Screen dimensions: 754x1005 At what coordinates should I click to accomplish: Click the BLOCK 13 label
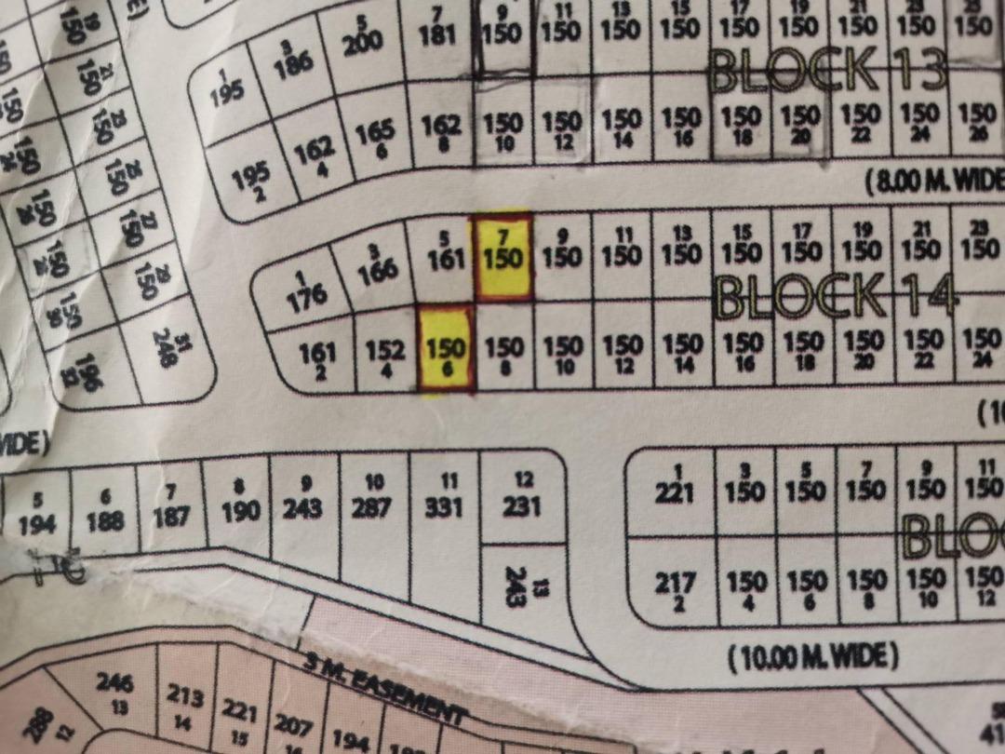(x=827, y=70)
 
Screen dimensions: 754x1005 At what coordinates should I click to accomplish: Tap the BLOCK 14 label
(x=835, y=297)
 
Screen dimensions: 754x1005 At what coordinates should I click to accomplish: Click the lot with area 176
(x=306, y=291)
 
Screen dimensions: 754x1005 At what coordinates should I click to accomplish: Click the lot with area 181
(x=437, y=35)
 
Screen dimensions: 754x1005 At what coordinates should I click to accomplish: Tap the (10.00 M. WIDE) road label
(x=812, y=657)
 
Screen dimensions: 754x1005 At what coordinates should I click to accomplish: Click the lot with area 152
(x=384, y=355)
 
